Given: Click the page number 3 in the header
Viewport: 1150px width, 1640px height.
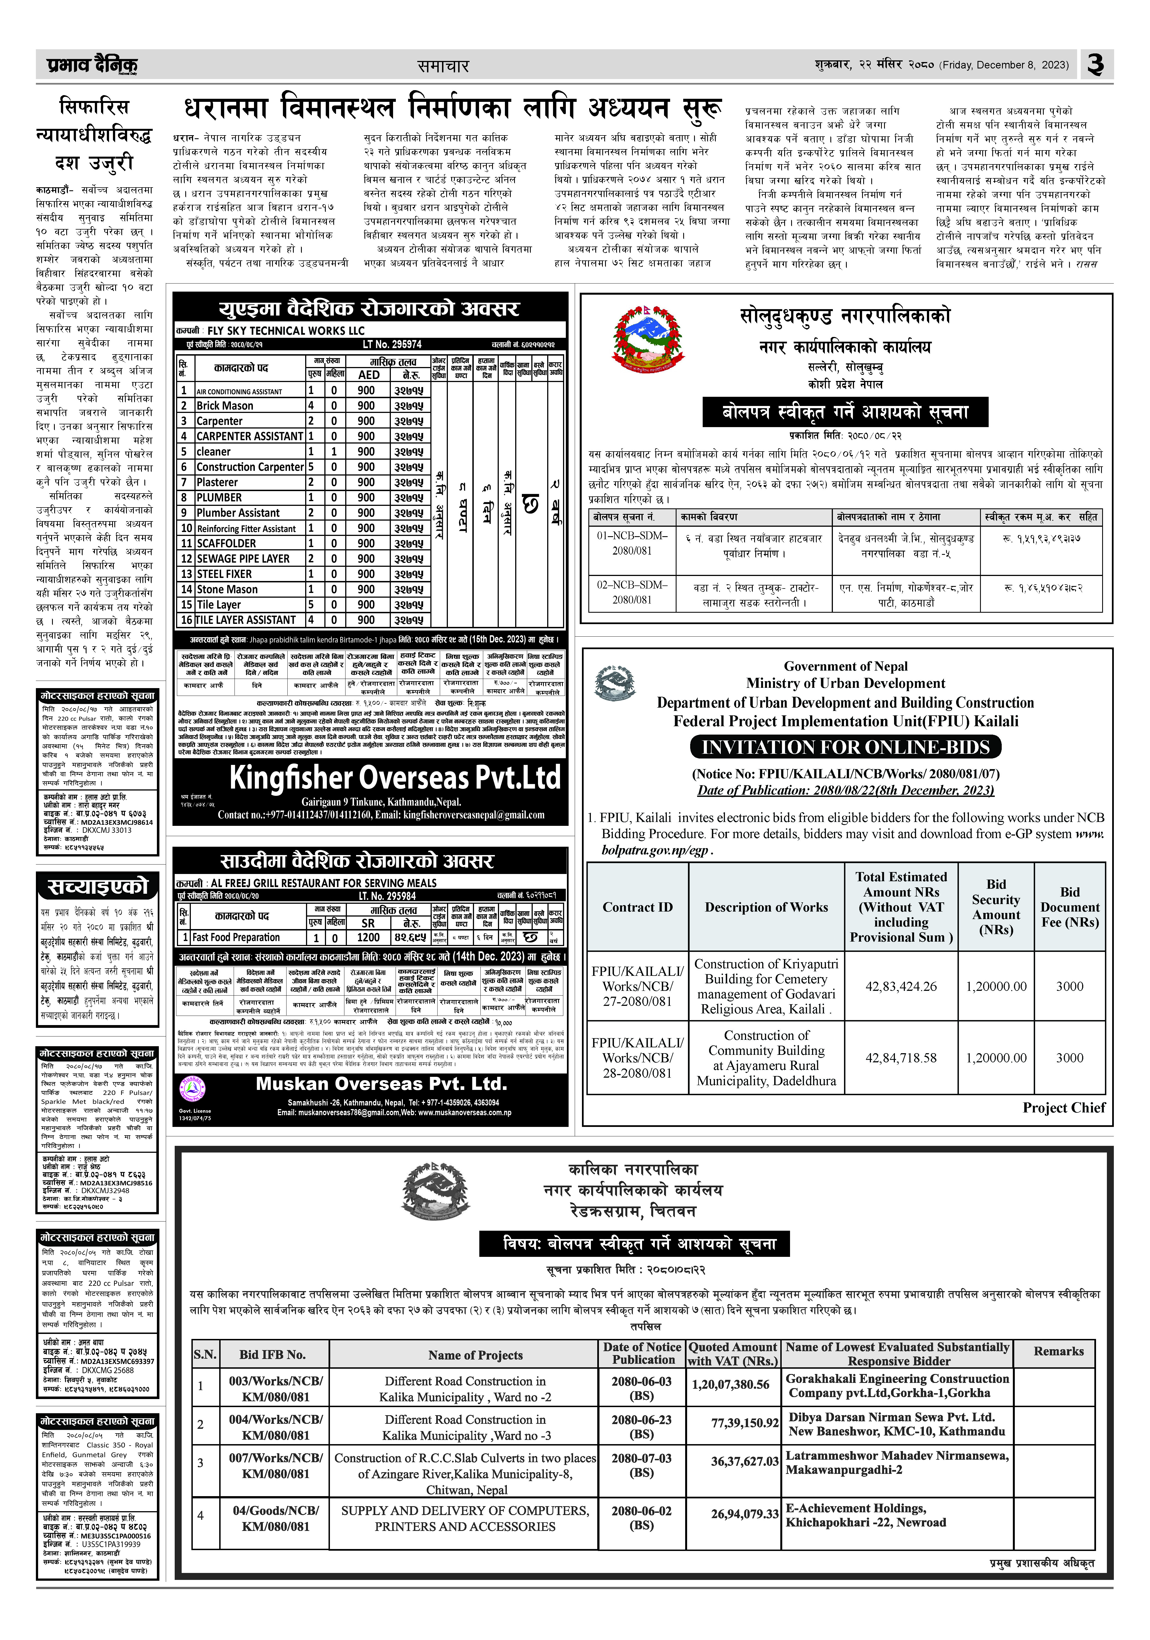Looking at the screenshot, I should (1095, 65).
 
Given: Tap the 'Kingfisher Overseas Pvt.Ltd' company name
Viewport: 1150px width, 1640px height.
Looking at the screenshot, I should (395, 778).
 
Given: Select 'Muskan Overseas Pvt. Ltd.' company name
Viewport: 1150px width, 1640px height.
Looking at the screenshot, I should (381, 1084).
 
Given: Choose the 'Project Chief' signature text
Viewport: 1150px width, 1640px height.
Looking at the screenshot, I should (1063, 1108).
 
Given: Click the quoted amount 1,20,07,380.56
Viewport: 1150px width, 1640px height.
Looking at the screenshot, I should (730, 1384).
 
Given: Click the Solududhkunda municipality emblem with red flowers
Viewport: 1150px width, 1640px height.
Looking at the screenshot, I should (647, 338).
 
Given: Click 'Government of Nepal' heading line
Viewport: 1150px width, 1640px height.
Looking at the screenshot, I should (846, 666).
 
